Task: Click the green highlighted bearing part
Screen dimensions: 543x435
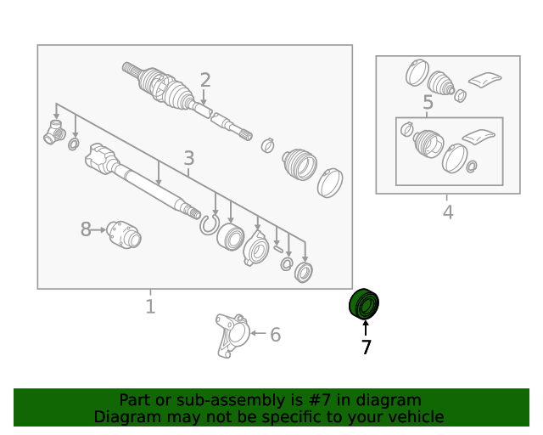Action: (364, 303)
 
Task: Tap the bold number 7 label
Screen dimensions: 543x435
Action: (366, 347)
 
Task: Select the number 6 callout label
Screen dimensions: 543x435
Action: (275, 335)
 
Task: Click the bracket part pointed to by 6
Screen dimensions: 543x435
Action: (232, 335)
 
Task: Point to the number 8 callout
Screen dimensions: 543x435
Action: (86, 229)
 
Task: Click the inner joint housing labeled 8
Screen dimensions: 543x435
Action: (124, 234)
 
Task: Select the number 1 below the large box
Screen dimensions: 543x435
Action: (150, 307)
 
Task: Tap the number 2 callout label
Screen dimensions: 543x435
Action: (205, 80)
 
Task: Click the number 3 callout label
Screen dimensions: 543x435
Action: (188, 158)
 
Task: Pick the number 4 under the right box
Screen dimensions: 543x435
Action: (448, 212)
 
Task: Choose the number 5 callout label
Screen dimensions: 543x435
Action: (428, 102)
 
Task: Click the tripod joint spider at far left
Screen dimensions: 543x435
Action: (54, 132)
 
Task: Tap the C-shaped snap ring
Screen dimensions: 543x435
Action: (210, 224)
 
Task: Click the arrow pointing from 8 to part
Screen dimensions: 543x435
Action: (98, 229)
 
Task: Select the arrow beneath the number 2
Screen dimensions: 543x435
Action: (204, 98)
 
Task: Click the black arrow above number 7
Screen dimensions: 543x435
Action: (366, 328)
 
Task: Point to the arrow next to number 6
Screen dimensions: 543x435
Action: (258, 333)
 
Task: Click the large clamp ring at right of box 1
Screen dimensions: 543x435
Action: (330, 183)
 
